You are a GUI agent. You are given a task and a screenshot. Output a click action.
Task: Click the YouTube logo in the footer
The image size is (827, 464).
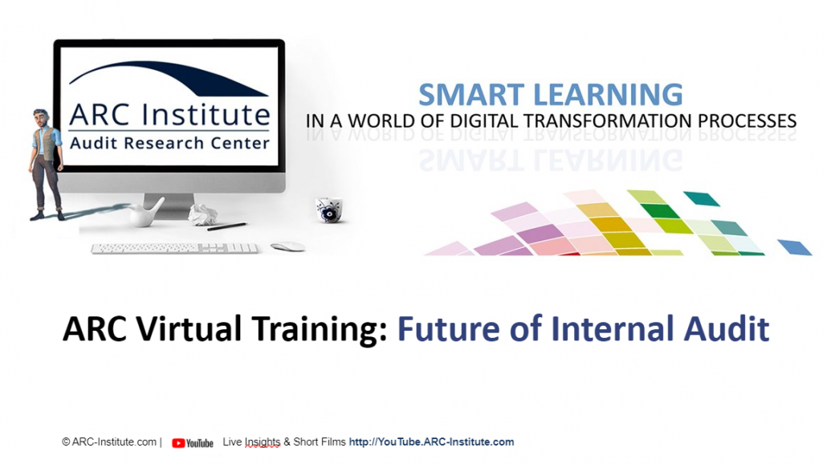tap(193, 443)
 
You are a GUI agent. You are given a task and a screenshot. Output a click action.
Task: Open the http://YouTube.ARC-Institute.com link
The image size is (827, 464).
tap(431, 442)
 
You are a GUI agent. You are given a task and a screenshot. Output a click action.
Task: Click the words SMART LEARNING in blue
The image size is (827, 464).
tap(551, 95)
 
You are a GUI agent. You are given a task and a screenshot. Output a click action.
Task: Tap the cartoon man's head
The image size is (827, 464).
tap(41, 117)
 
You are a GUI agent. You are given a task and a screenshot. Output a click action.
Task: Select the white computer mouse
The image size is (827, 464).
tap(288, 246)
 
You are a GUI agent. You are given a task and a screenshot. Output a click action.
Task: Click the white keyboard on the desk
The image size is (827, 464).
tap(174, 248)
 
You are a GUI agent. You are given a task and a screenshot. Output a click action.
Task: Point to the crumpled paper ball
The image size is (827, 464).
tap(203, 214)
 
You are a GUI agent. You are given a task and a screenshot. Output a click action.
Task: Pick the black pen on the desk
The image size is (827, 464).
tap(226, 226)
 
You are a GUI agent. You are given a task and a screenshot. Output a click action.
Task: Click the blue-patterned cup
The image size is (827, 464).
tap(329, 210)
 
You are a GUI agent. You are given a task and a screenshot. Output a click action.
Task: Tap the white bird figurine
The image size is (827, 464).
tap(145, 214)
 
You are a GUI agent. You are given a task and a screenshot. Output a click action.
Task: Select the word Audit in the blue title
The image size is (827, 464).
tap(727, 328)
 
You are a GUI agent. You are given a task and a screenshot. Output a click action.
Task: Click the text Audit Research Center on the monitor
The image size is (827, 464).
tap(169, 143)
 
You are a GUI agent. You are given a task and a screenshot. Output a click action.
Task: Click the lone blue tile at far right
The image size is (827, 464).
tap(795, 247)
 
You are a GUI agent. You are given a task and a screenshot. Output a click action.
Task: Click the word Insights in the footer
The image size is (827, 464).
tap(263, 442)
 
